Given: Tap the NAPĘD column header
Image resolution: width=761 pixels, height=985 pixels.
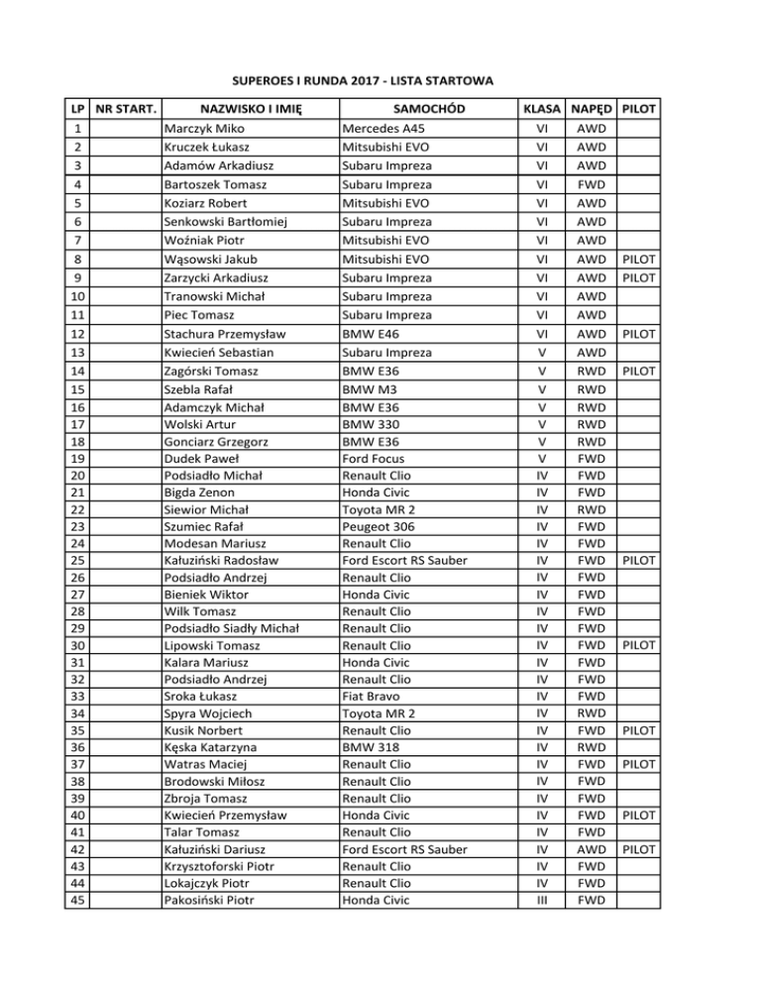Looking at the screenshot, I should click(x=590, y=107).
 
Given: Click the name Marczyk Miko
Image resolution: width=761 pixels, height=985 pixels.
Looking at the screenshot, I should click(x=206, y=128).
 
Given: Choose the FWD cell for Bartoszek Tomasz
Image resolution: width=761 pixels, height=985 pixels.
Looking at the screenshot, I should click(x=590, y=184).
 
